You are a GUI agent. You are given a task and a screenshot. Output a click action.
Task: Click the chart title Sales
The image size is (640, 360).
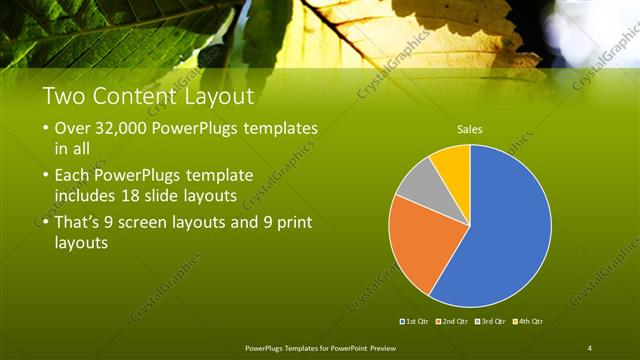pyautogui.click(x=469, y=129)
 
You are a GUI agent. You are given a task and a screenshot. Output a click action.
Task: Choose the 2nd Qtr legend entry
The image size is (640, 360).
pyautogui.click(x=454, y=321)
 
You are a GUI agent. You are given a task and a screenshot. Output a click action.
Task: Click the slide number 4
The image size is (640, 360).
pyautogui.click(x=589, y=347)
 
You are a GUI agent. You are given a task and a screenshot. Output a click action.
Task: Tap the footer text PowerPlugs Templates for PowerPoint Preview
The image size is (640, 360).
pyautogui.click(x=320, y=347)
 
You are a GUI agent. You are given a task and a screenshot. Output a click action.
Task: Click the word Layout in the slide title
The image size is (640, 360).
pyautogui.click(x=220, y=98)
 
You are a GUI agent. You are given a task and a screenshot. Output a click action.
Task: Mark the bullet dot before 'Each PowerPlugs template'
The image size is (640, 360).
pyautogui.click(x=47, y=175)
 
